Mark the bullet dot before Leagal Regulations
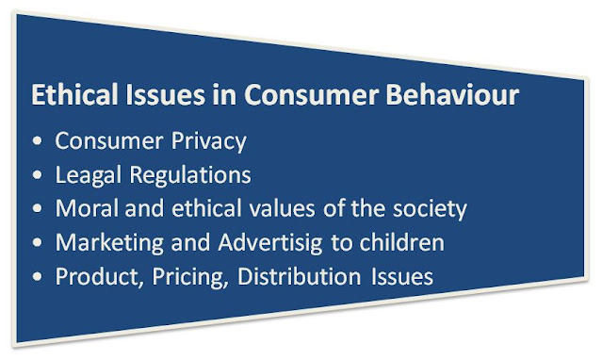pyautogui.click(x=38, y=176)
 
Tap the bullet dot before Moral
pyautogui.click(x=38, y=208)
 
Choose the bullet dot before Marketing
pyautogui.click(x=38, y=242)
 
